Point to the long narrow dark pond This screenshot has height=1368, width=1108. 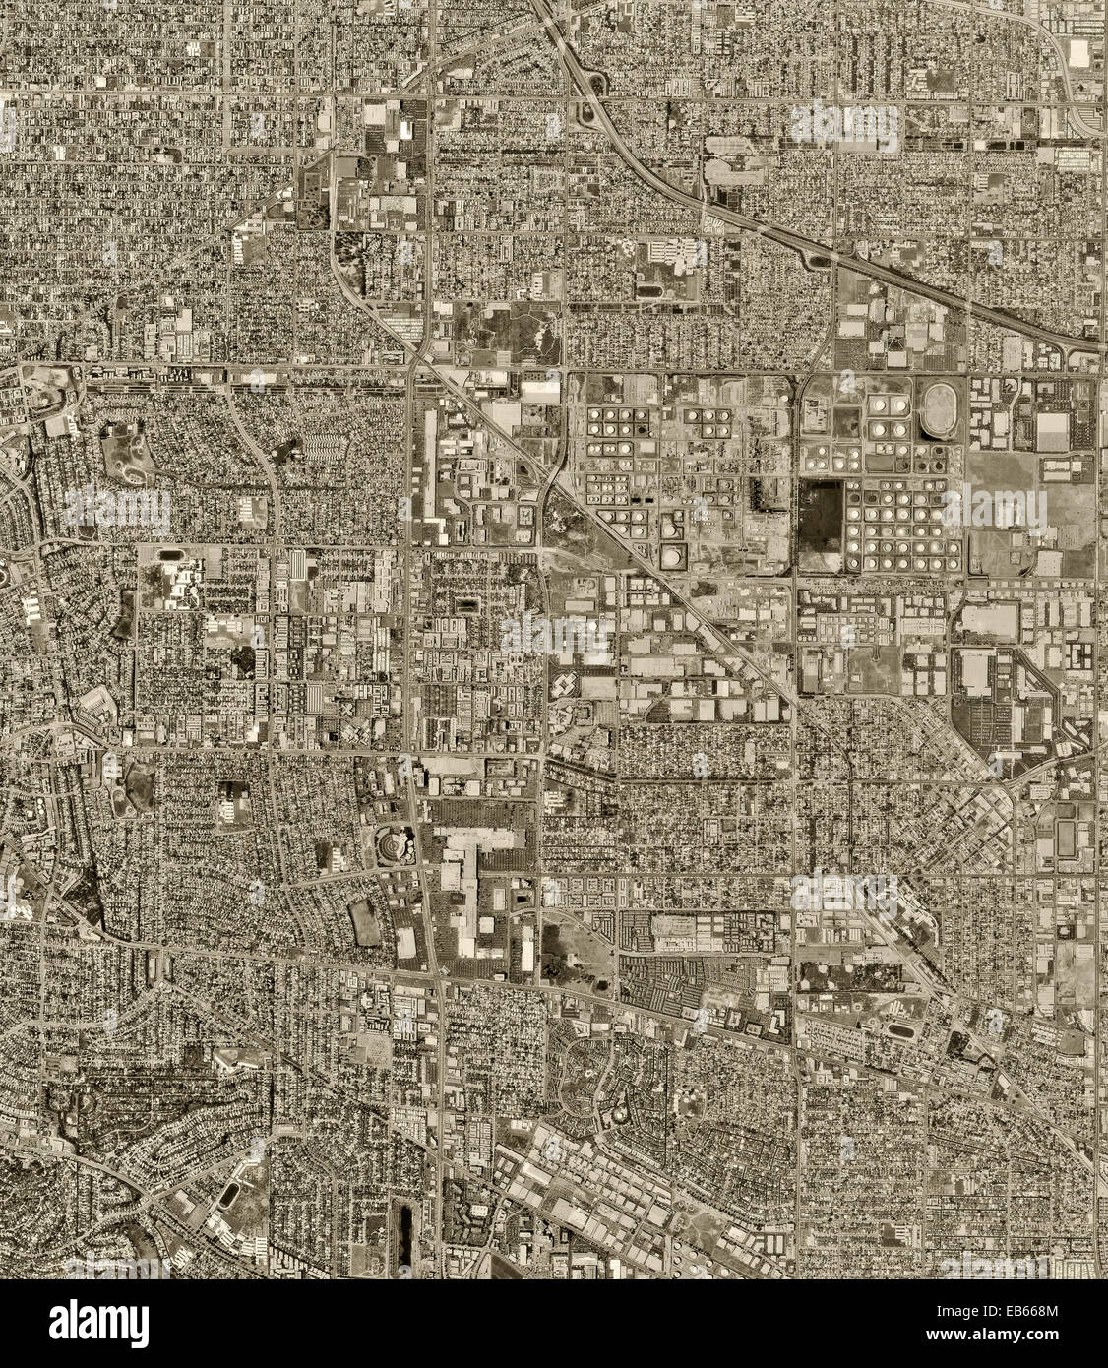(402, 1224)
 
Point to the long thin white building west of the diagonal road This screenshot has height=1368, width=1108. (430, 463)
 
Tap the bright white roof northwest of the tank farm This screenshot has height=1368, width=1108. (540, 391)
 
